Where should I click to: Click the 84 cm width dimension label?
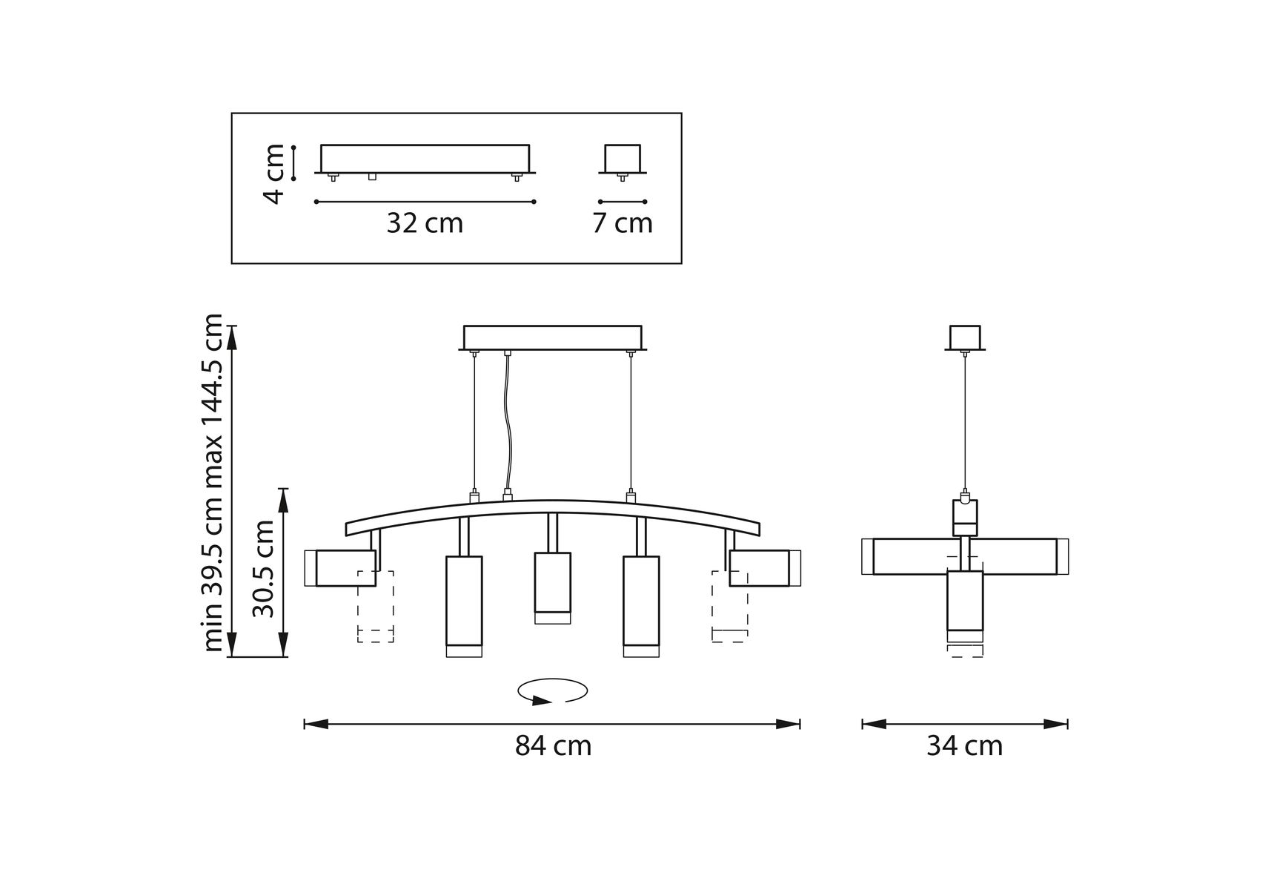[x=554, y=745]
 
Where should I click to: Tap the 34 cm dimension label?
[x=964, y=745]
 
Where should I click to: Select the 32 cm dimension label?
[x=425, y=222]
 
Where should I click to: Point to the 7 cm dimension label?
[x=623, y=222]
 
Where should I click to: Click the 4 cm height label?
[x=274, y=174]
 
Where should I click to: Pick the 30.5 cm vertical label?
[x=263, y=568]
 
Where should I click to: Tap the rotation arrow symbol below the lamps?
[x=553, y=691]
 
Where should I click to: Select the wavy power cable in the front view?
[x=508, y=423]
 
